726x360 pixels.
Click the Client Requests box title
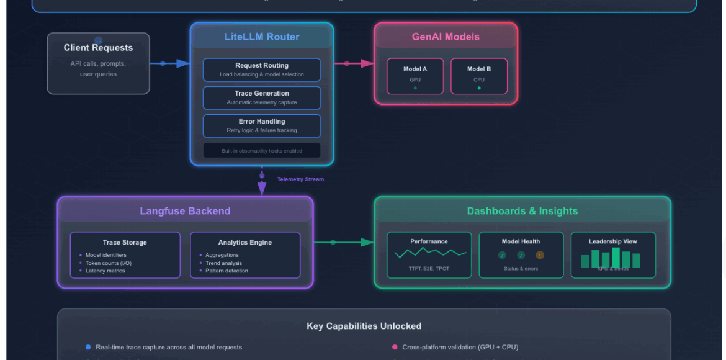point(98,48)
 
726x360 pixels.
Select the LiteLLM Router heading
point(261,37)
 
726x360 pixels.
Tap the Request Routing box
point(261,70)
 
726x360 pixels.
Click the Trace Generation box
point(261,97)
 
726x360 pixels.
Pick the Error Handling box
point(261,125)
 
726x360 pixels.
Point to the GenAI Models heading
point(446,37)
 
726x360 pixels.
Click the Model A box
point(415,76)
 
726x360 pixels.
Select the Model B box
point(479,76)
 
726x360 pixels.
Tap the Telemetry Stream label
point(300,179)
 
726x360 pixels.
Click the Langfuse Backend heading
point(185,211)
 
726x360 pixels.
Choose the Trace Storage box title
point(125,243)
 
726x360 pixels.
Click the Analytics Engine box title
point(244,243)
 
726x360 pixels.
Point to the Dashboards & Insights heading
point(522,211)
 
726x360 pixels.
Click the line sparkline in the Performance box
point(430,253)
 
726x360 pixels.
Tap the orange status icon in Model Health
point(539,255)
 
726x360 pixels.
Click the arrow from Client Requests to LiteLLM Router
point(174,63)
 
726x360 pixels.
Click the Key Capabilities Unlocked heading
point(364,326)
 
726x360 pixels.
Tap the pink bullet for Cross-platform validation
point(395,347)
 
